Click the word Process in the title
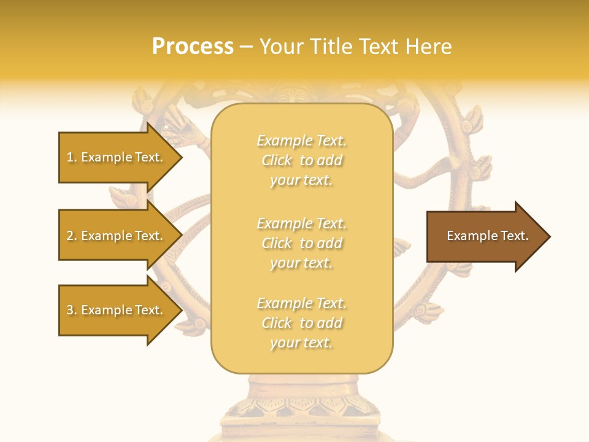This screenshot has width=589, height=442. click(193, 47)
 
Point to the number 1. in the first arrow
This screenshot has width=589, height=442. click(72, 157)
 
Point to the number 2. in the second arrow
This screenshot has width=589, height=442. click(72, 236)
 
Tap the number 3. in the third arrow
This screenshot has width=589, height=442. click(72, 310)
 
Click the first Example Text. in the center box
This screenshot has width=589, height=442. click(301, 141)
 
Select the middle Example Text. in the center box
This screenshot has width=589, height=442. click(301, 223)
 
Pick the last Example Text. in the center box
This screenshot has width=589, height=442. click(301, 303)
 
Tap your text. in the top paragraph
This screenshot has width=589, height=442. click(301, 180)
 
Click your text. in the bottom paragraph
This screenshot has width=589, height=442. click(301, 343)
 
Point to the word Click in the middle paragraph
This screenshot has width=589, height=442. click(277, 243)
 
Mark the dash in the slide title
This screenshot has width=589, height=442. click(246, 47)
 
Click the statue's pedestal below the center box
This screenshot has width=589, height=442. click(301, 405)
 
